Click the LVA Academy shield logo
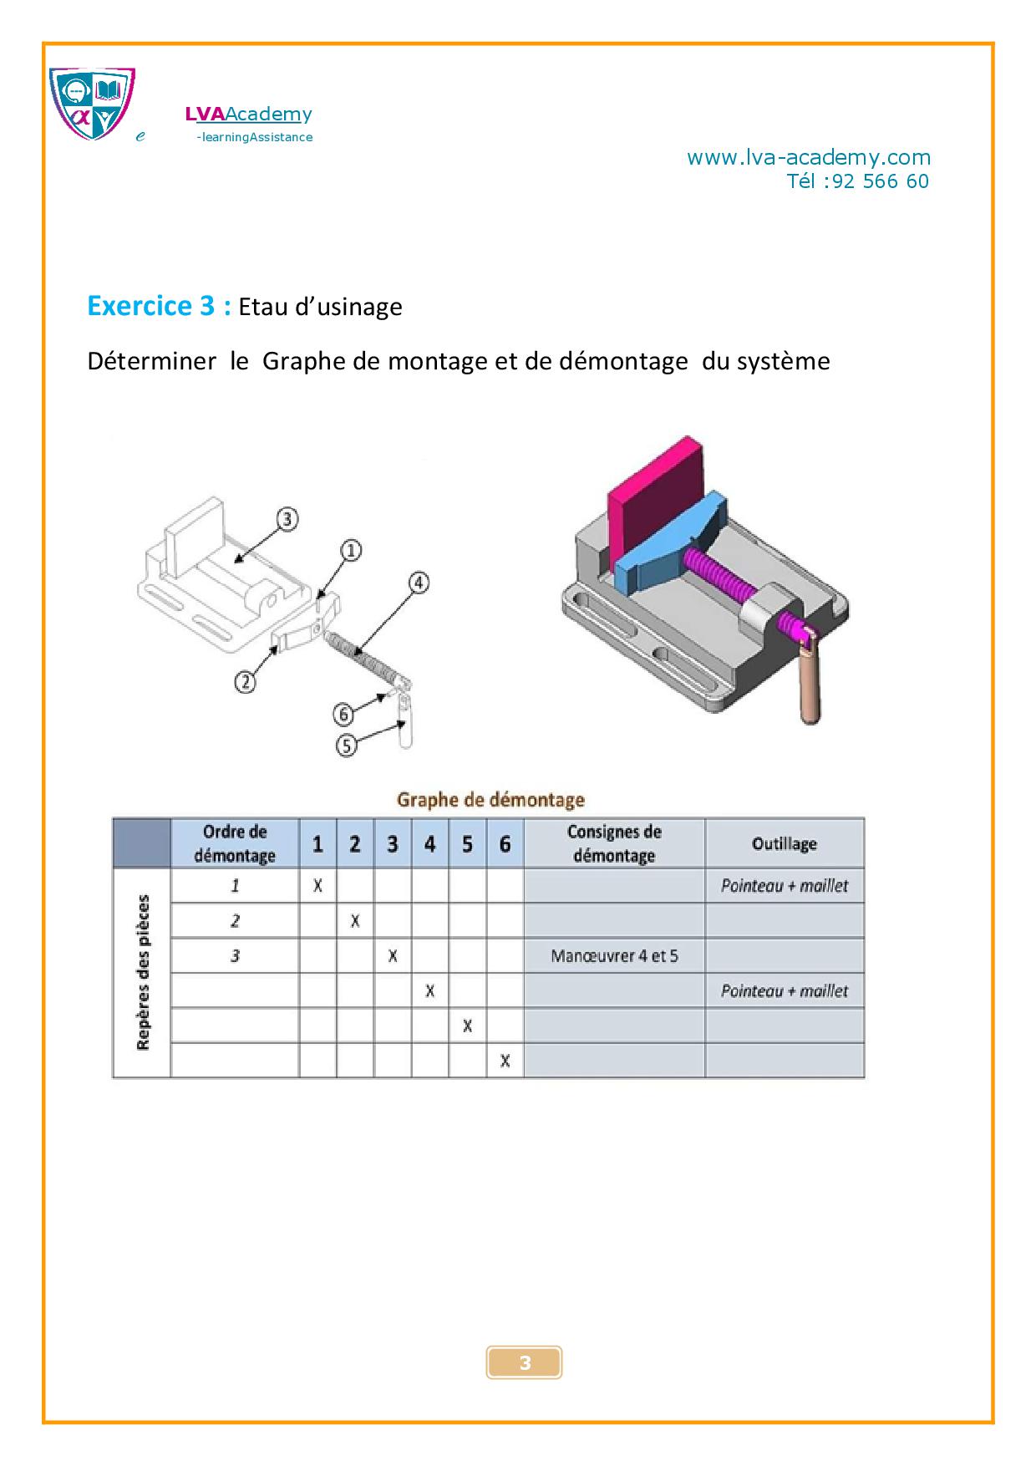tap(92, 103)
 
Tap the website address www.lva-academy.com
tap(808, 157)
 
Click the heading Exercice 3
tap(159, 306)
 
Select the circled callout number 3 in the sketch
tap(287, 519)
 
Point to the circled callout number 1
tap(351, 551)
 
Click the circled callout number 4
tap(419, 583)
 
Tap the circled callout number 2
tap(245, 682)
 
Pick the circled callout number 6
tap(344, 715)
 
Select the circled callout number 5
tap(346, 744)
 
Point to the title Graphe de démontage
tap(490, 800)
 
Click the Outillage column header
tap(784, 843)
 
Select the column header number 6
tap(505, 844)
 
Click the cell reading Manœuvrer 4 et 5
tap(614, 956)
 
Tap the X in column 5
tap(467, 1026)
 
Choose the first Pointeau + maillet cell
tap(784, 886)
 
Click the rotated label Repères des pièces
tap(143, 972)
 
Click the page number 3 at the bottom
tap(525, 1363)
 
